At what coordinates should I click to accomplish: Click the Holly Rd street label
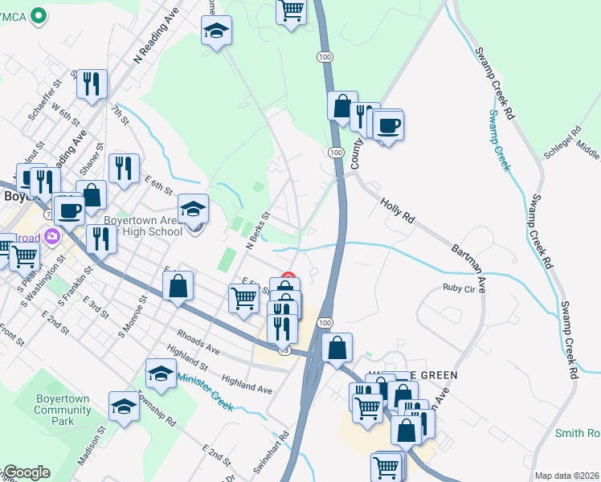coord(396,211)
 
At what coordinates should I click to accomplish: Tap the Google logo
coord(26,472)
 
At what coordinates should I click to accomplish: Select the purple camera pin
coord(53,237)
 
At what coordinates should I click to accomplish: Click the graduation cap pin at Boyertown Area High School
coord(193,210)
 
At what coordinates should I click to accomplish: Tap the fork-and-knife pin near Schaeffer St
coord(92,84)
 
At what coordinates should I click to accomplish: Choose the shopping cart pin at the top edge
coord(292,11)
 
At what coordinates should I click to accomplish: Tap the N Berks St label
coord(256,231)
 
